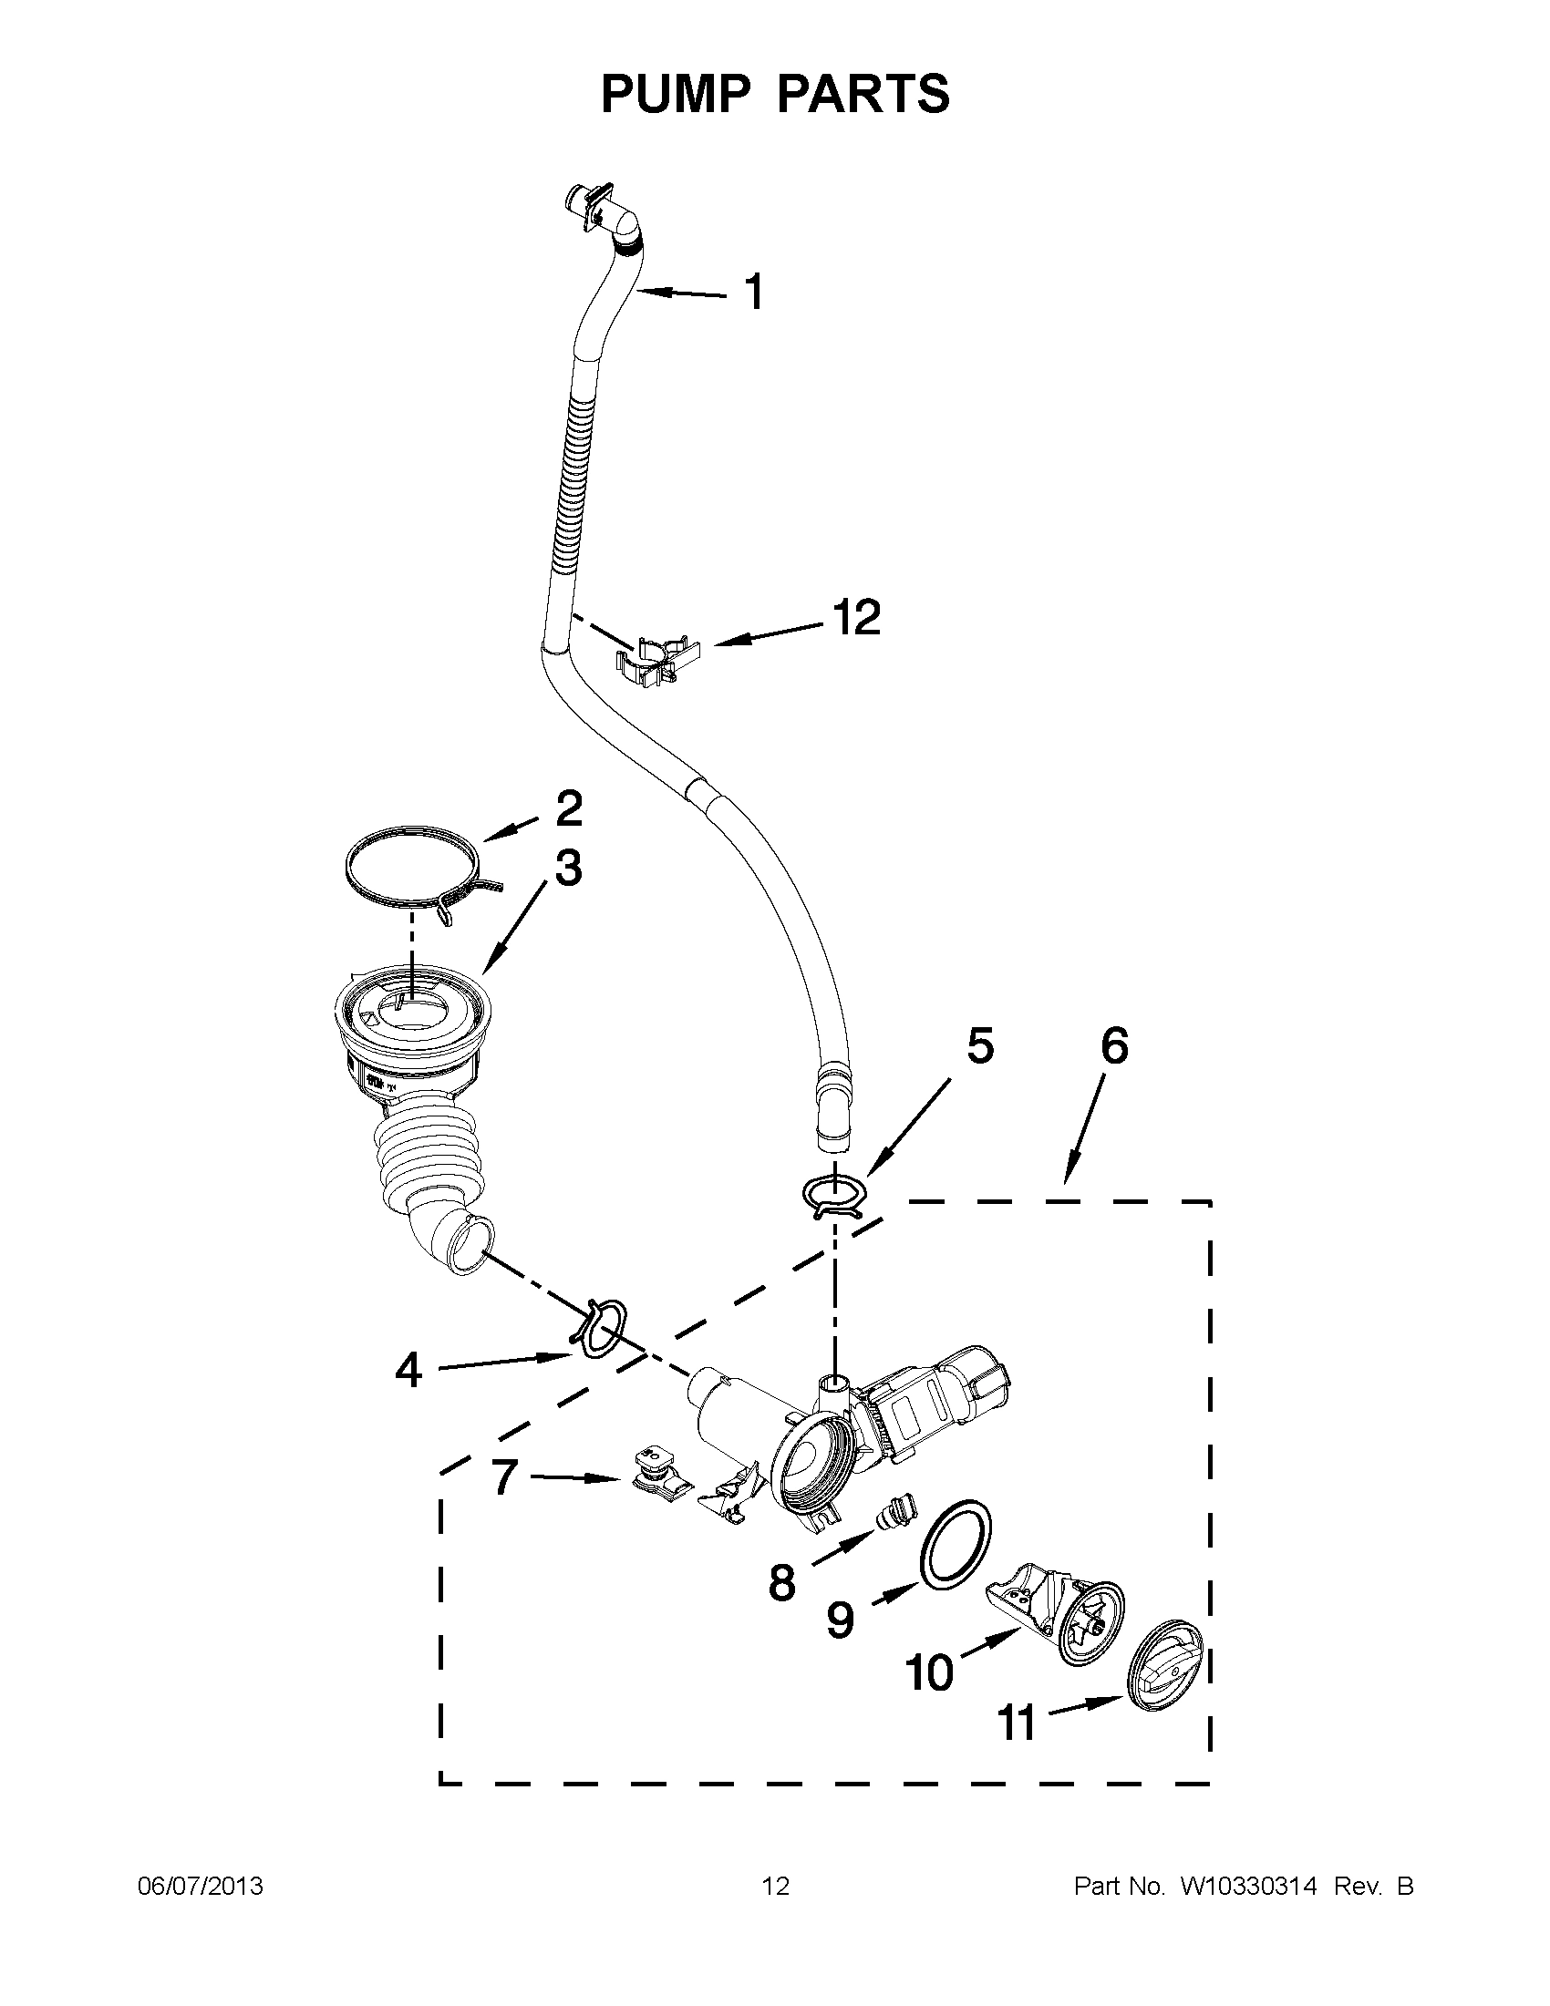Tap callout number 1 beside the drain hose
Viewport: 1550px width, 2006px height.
[753, 293]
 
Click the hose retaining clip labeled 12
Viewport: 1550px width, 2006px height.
[657, 657]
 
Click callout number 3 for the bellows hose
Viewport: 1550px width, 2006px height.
[568, 868]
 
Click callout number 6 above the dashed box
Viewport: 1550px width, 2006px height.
[1113, 1046]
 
